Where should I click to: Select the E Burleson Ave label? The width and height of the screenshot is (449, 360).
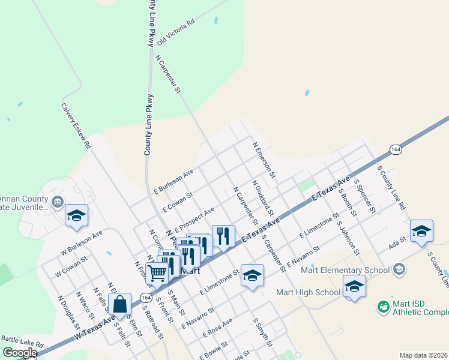click(173, 181)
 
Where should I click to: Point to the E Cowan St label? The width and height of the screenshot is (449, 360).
click(177, 202)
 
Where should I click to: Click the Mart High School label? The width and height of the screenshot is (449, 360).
click(308, 292)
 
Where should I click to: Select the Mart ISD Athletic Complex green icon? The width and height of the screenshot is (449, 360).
click(383, 307)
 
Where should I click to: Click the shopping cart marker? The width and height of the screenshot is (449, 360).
click(157, 272)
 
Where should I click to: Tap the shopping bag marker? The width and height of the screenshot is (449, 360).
click(120, 304)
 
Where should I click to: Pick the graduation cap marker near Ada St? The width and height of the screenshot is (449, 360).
click(422, 231)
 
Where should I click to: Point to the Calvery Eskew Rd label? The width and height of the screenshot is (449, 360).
click(76, 125)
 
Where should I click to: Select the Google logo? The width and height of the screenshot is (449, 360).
click(20, 353)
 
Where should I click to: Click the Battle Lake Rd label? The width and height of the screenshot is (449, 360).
click(23, 342)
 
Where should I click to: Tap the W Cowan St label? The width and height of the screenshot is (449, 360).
click(71, 267)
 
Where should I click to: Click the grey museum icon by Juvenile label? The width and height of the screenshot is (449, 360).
click(58, 201)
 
